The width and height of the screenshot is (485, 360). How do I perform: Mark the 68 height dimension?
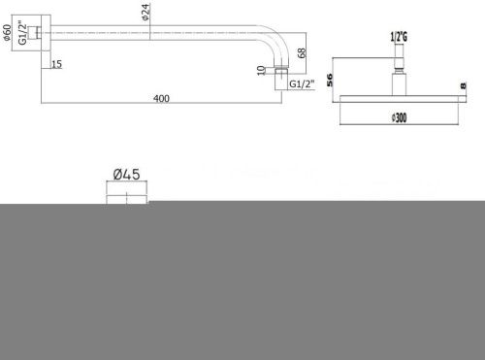pos(303,54)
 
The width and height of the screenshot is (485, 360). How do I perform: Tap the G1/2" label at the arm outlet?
pos(304,84)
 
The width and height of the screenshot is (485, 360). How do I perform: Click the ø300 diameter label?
pos(396,117)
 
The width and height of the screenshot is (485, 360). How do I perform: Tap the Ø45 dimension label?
pos(127,175)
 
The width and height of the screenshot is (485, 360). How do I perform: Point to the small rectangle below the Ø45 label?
pos(127,194)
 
